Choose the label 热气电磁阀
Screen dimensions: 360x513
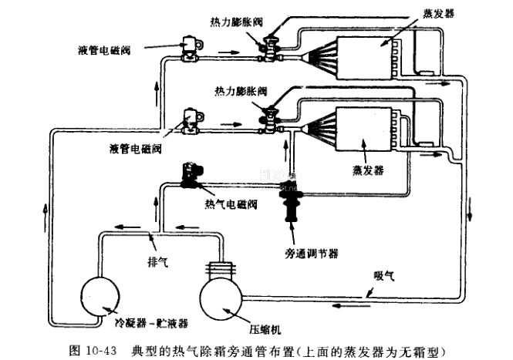[x=231, y=204]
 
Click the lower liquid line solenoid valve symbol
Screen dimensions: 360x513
[x=188, y=119]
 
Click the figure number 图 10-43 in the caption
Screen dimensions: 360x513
[x=93, y=351]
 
